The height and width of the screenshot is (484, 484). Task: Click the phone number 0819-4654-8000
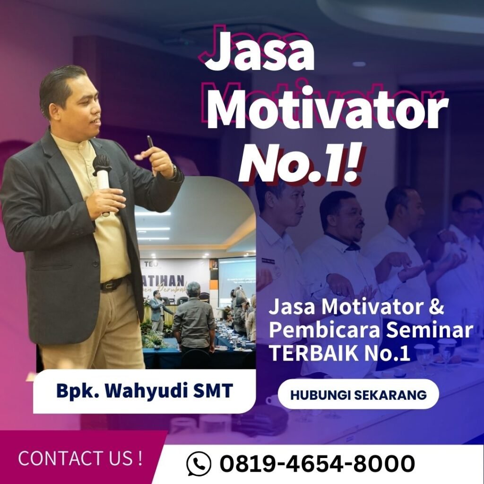point(317,464)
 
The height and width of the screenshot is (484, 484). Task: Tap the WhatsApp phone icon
point(199,464)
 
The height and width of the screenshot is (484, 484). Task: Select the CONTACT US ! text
point(80,458)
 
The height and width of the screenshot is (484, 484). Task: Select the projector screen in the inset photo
point(236,274)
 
